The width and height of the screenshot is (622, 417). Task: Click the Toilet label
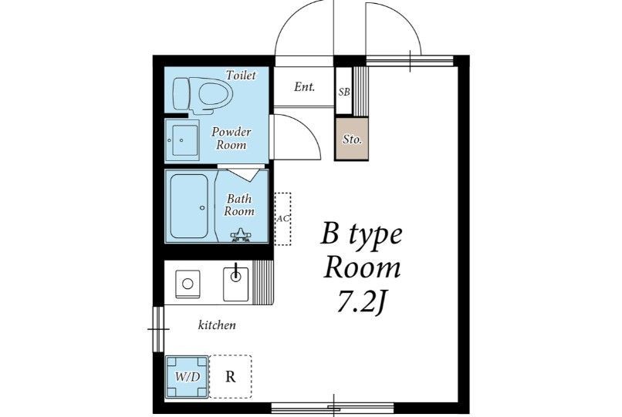pos(241,75)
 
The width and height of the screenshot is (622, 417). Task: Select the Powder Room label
pos(232,138)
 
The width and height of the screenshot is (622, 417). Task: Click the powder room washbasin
pos(182,140)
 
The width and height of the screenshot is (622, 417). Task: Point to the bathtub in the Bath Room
pos(189,206)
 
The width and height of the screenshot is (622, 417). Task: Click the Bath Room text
pos(238,204)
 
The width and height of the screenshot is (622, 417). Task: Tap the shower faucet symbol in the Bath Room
pos(241,235)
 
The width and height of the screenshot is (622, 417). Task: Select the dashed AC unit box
pos(283,219)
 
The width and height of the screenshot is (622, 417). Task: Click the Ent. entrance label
pos(304,87)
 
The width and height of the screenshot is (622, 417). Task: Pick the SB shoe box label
pos(344,92)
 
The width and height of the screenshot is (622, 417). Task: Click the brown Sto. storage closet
pos(352,139)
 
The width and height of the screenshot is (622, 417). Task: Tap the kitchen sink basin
pos(235,284)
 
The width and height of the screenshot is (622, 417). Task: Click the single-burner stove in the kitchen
pos(188,284)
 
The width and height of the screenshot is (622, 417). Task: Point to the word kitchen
pos(217,325)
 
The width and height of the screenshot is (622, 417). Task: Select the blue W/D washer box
pos(187,377)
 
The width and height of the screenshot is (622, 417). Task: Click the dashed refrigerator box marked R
pos(231,377)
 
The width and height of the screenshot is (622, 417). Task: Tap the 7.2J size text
pos(361,302)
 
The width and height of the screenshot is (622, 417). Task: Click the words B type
pos(361,234)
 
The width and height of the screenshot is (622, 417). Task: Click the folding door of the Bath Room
pos(243,174)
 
